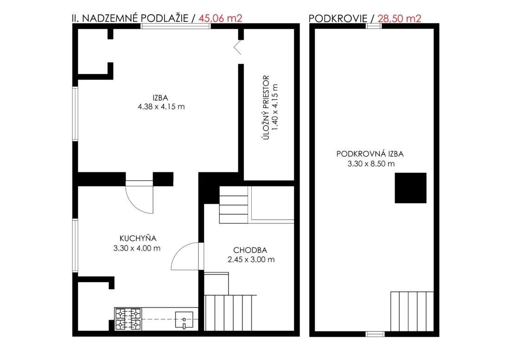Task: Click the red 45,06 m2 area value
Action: (x=220, y=18)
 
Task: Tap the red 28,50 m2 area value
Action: (x=399, y=18)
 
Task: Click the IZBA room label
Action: (x=160, y=97)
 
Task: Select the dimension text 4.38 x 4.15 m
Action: (x=161, y=107)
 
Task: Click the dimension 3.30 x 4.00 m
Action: (x=137, y=248)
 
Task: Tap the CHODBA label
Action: (x=250, y=250)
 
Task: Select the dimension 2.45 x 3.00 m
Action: (x=251, y=259)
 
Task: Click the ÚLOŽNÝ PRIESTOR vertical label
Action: (x=266, y=107)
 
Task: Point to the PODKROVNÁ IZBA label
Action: (x=370, y=154)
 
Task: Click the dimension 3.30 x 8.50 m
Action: (x=371, y=164)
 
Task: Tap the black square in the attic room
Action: (x=410, y=188)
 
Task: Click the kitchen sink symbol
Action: (x=184, y=320)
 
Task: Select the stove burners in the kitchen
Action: (x=128, y=319)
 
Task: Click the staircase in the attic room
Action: (x=412, y=311)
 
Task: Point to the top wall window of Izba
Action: (x=176, y=26)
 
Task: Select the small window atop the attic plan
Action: (x=374, y=26)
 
